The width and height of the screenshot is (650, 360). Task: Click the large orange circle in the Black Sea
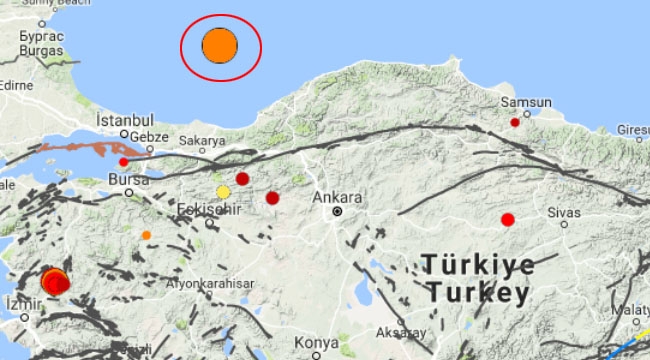point(220,46)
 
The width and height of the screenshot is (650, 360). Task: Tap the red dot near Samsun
point(515,122)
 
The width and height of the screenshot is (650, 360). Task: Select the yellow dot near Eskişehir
point(223,192)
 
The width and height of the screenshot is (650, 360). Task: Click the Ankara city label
point(336,197)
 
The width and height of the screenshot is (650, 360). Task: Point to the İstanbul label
point(123,119)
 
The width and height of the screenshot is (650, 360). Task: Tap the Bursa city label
point(124,181)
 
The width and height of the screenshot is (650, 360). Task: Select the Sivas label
point(564,213)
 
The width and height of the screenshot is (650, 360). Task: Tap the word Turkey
point(477,293)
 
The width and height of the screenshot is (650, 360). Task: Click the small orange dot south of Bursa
point(146,235)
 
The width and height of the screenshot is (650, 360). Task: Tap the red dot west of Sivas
point(508,219)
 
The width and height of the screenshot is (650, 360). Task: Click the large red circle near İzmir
point(55,282)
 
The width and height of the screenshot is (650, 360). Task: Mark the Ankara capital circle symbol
point(338,211)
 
